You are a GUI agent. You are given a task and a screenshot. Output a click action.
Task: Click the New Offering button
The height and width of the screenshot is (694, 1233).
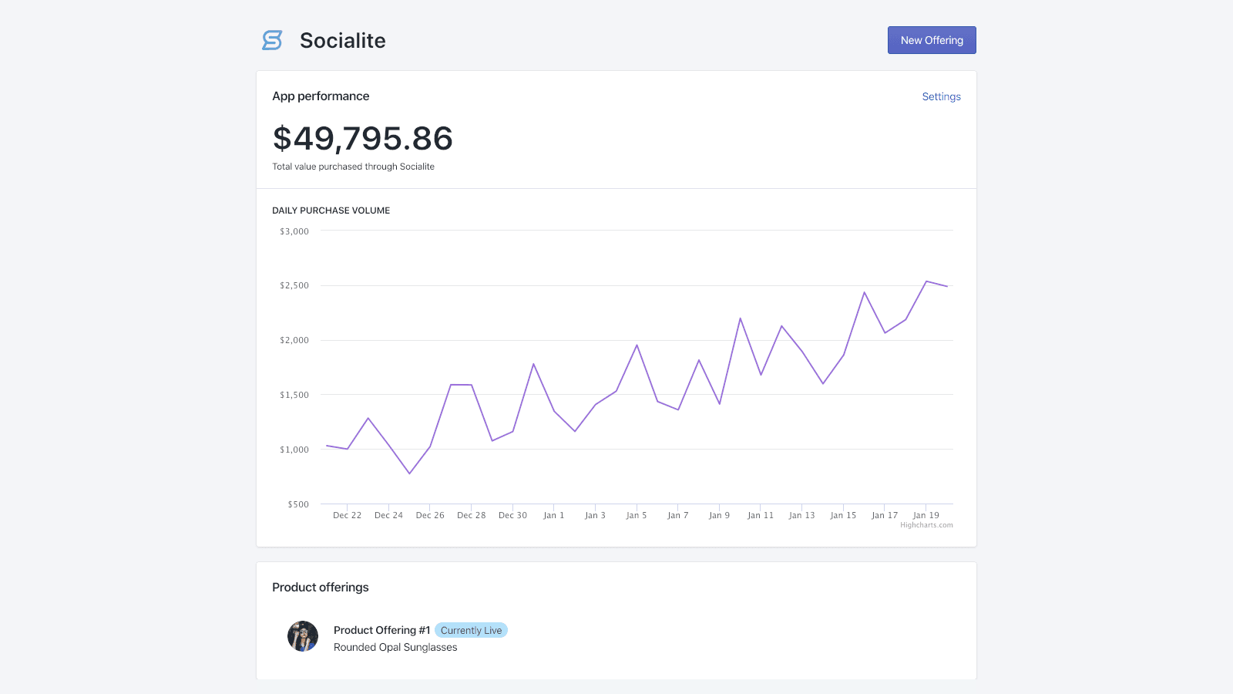(931, 40)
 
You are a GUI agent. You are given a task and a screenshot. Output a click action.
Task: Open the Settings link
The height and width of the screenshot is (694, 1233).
(941, 96)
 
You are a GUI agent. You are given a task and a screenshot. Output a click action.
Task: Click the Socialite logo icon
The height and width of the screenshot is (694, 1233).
(272, 40)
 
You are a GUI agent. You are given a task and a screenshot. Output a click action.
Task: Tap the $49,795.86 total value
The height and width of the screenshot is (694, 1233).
(362, 139)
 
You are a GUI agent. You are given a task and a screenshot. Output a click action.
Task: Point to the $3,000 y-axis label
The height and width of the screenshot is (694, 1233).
(294, 231)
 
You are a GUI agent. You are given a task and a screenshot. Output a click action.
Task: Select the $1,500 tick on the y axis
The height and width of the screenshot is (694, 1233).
(294, 395)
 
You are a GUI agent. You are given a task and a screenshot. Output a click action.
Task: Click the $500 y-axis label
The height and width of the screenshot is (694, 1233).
(298, 504)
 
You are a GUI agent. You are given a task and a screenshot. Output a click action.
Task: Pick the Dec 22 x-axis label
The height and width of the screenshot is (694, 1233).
(347, 515)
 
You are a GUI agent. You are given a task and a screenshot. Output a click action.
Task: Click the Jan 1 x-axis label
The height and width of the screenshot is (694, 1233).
(553, 515)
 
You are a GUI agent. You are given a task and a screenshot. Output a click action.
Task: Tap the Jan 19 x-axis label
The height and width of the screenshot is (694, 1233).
(926, 515)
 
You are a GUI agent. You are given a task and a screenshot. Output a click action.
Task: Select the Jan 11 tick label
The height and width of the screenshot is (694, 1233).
(760, 515)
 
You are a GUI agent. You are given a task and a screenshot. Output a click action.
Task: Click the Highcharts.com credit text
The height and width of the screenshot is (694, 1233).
(926, 525)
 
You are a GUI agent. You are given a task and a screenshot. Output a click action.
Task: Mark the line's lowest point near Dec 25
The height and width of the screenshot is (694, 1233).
(409, 473)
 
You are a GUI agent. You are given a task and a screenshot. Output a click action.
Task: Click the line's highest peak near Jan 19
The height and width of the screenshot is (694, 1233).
(926, 281)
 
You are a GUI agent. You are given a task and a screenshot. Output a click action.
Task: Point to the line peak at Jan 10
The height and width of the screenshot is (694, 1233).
(740, 318)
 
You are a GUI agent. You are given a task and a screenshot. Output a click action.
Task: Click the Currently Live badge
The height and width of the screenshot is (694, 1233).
(471, 630)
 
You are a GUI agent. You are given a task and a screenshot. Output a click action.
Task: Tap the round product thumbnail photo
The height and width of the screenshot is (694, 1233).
(303, 636)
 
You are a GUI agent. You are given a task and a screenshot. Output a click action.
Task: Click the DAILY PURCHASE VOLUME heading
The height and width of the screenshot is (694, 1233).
(331, 211)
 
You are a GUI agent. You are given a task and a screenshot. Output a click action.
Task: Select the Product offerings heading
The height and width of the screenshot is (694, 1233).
(320, 587)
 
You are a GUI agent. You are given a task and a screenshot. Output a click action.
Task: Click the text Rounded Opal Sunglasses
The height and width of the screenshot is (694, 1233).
(395, 647)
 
